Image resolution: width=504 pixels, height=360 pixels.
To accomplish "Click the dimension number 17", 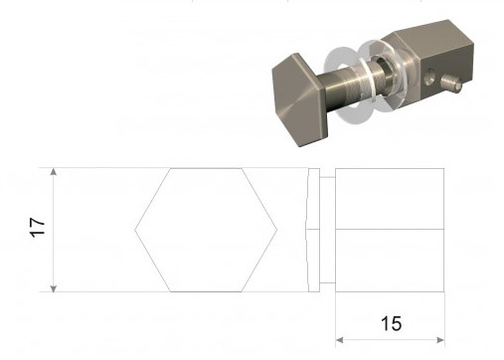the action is [x=38, y=228].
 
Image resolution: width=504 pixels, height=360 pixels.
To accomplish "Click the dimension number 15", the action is [x=391, y=323].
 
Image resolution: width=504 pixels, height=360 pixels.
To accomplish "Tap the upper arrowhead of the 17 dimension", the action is [x=54, y=171].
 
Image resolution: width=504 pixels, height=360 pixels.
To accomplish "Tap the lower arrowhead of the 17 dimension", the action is [x=54, y=288].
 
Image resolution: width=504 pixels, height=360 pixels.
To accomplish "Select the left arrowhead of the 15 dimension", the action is [x=340, y=340].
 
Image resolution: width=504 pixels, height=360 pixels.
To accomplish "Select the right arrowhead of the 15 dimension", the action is [x=440, y=340].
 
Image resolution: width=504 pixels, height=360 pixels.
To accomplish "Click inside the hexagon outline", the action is [x=206, y=230].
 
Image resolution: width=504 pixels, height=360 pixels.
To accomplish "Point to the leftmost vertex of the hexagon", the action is [x=135, y=230].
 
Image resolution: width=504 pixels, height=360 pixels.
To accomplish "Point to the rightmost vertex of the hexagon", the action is [x=276, y=230].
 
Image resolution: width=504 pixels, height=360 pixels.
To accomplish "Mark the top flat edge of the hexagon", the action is [x=206, y=169].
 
